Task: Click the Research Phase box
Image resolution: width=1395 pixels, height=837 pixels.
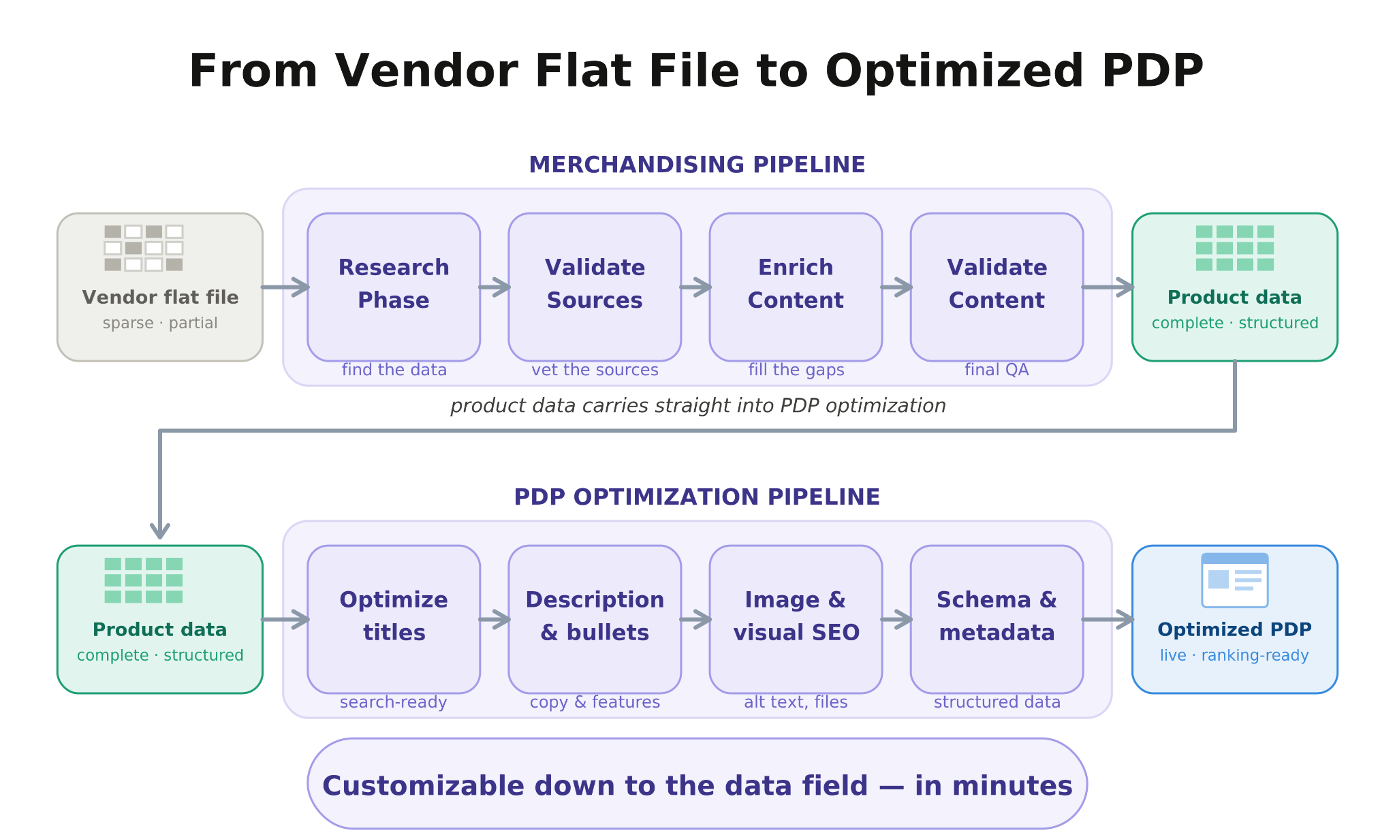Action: click(x=394, y=287)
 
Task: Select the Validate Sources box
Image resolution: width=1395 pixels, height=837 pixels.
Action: click(x=595, y=287)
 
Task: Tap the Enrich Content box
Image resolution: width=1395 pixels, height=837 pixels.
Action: click(x=796, y=287)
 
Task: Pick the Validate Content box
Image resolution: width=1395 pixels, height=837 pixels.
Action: click(x=997, y=287)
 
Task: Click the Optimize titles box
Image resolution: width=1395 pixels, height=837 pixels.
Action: click(x=394, y=619)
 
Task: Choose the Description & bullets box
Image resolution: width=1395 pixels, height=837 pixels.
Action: click(x=595, y=619)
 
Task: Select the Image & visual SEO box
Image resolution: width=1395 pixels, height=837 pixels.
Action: click(x=796, y=619)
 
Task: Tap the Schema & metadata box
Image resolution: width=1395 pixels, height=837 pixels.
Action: click(x=997, y=619)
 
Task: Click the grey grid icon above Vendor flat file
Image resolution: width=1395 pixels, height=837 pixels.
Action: click(x=144, y=248)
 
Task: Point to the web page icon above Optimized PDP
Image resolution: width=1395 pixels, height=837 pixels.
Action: click(x=1235, y=580)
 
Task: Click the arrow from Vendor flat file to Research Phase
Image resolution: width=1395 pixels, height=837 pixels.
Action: click(x=285, y=287)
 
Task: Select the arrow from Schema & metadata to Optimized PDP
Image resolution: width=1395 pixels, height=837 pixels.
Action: click(x=1108, y=619)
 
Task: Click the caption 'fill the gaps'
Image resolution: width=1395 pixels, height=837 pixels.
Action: click(x=796, y=370)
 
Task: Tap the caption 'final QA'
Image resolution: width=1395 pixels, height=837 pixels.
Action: click(x=997, y=370)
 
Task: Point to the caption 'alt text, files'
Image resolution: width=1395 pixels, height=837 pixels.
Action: click(x=796, y=702)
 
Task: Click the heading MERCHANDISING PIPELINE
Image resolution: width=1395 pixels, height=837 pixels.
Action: click(x=697, y=165)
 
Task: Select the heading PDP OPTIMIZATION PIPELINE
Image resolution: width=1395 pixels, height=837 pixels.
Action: click(x=697, y=497)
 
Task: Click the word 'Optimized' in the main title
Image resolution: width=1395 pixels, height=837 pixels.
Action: click(x=954, y=72)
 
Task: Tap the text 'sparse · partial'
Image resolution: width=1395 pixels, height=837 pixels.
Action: click(x=160, y=323)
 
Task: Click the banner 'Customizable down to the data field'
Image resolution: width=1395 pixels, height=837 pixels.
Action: click(x=697, y=783)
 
